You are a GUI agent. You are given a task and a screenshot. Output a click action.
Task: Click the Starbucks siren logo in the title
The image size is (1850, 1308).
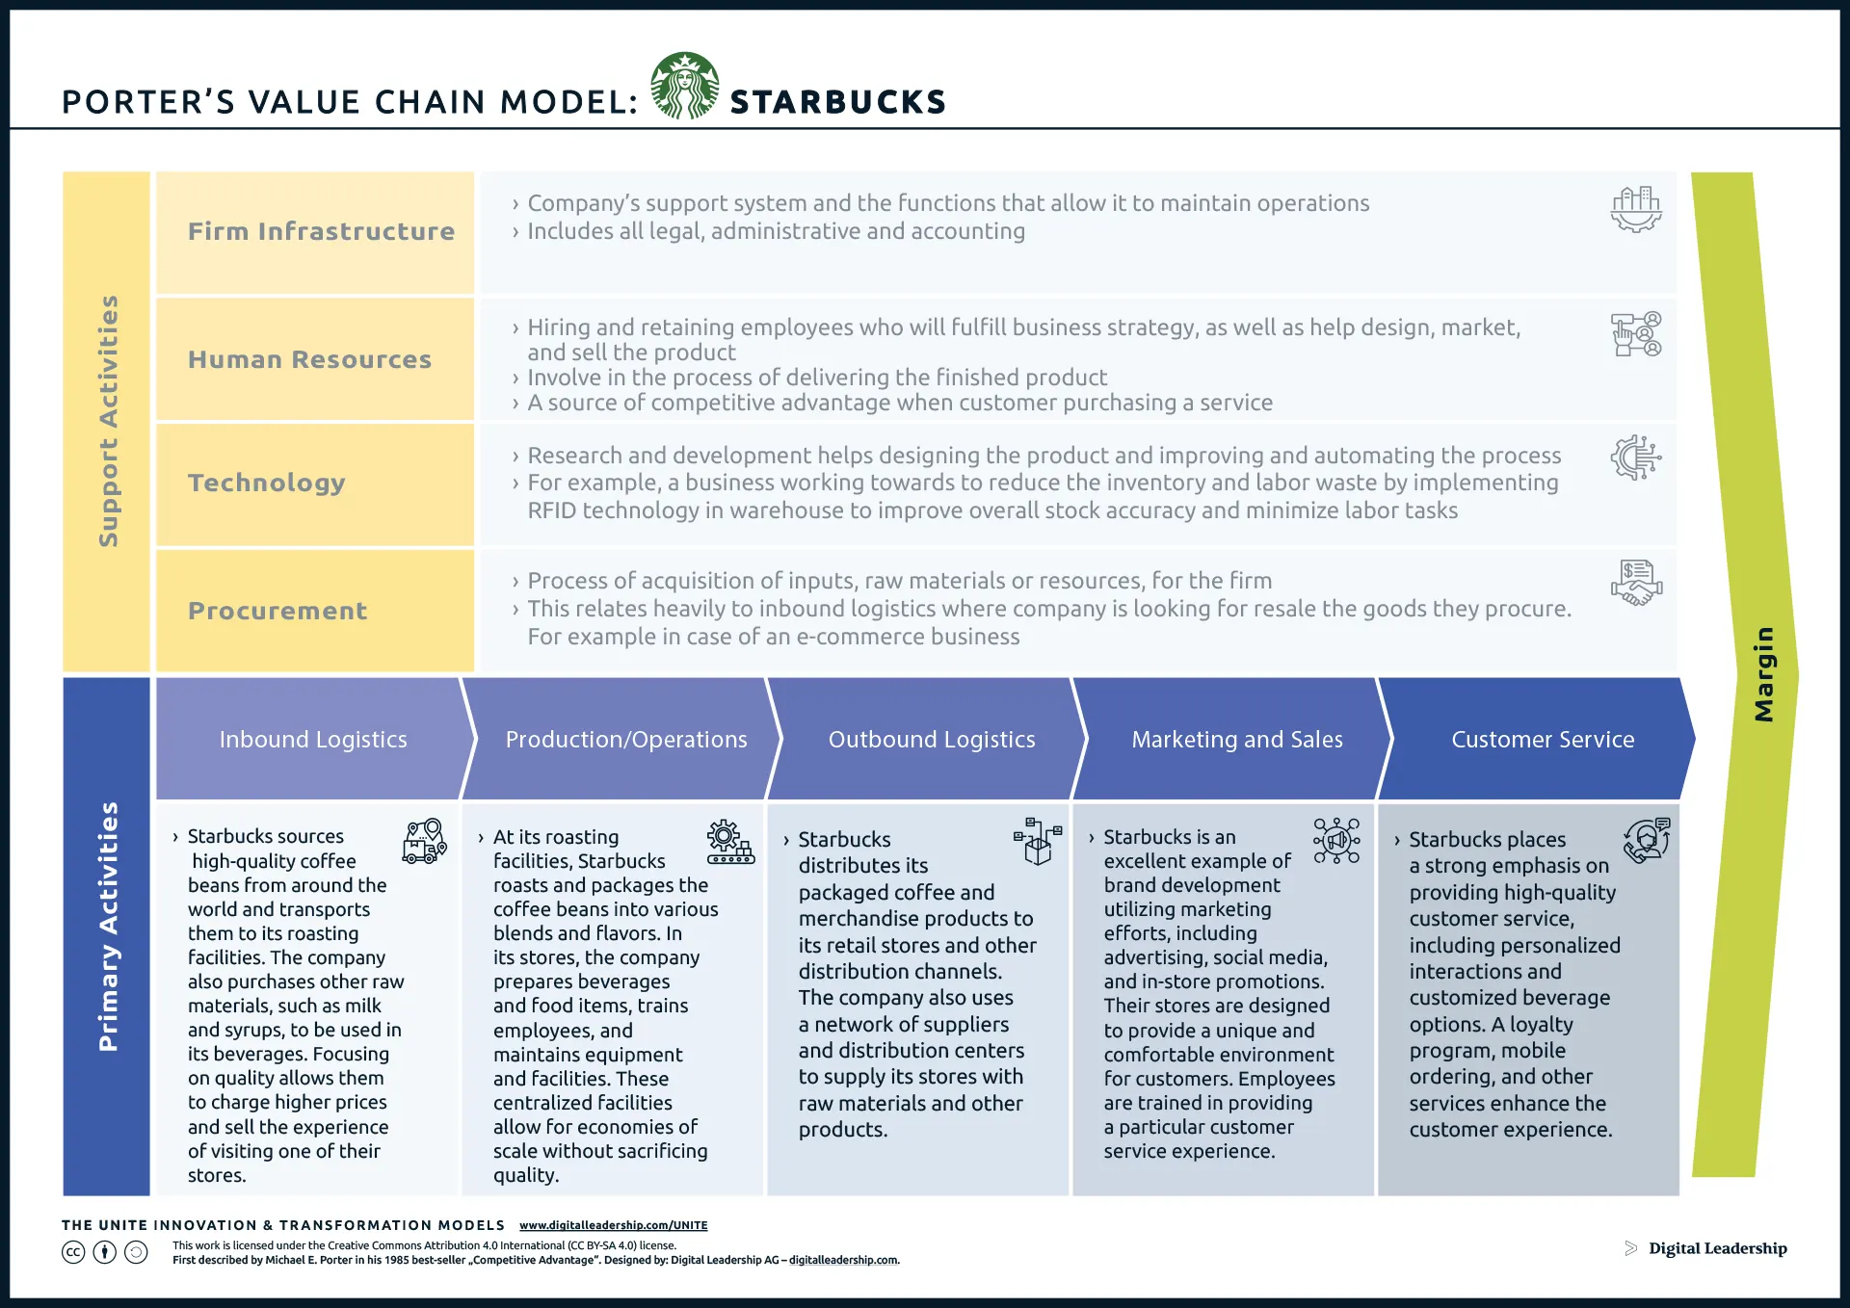[x=684, y=86]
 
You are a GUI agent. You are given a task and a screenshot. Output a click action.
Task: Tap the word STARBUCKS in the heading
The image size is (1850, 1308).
[x=837, y=102]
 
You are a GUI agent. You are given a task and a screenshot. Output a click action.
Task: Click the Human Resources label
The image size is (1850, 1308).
[x=309, y=359]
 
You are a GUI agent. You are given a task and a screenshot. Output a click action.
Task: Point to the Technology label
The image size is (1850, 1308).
[x=267, y=483]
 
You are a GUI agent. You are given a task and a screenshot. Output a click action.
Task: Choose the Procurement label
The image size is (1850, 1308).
[x=277, y=611]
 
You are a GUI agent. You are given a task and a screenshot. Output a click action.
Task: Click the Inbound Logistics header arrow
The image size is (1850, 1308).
[x=312, y=740]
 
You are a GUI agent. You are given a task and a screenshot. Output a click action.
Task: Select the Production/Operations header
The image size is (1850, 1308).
[x=625, y=740]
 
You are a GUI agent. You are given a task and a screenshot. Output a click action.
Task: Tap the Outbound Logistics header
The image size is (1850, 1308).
[x=931, y=740]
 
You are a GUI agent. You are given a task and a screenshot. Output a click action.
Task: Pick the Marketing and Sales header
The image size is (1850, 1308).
[x=1236, y=740]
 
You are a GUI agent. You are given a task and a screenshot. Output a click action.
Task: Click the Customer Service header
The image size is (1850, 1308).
[x=1542, y=740]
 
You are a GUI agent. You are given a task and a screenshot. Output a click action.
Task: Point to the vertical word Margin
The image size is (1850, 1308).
[x=1763, y=674]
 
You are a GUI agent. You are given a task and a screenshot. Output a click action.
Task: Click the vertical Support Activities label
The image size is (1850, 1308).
[x=108, y=421]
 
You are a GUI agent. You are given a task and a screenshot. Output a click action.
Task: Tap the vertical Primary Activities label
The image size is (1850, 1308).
[x=108, y=927]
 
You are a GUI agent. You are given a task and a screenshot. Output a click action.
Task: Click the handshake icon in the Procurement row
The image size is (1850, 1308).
[x=1636, y=584]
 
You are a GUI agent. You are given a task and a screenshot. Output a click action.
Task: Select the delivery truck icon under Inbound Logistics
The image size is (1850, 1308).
[x=424, y=841]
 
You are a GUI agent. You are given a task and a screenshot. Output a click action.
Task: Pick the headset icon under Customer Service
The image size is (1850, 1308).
[x=1646, y=841]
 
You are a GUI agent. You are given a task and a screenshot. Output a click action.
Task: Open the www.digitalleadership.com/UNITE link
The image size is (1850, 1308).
[x=613, y=1225]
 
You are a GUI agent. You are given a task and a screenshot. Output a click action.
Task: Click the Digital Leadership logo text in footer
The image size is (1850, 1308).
[x=1717, y=1248]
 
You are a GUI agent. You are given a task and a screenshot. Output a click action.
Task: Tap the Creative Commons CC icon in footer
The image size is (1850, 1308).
[x=73, y=1252]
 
